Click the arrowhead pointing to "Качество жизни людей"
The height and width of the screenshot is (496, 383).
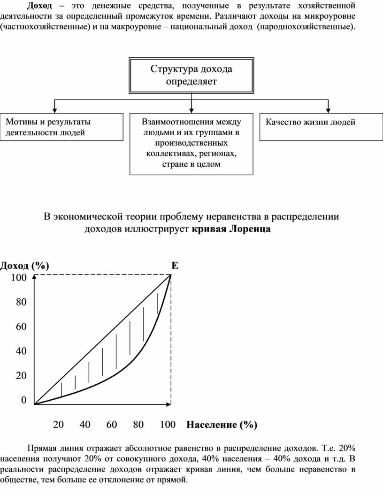click(x=328, y=110)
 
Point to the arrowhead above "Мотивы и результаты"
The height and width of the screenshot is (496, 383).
click(x=54, y=110)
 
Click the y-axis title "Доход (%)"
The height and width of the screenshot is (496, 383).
click(x=25, y=265)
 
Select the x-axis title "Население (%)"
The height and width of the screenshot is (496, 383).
click(x=222, y=425)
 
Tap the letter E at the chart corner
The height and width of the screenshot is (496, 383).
click(x=175, y=265)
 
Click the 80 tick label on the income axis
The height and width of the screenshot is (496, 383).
click(x=21, y=302)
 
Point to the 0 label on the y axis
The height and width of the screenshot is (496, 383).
click(x=23, y=400)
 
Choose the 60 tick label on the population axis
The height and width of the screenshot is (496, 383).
click(x=112, y=425)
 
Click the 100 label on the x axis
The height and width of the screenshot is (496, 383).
click(x=168, y=425)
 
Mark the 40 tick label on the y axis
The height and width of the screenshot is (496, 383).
click(x=21, y=351)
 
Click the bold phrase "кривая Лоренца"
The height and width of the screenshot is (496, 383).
click(x=231, y=229)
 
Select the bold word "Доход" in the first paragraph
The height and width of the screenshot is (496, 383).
click(x=39, y=6)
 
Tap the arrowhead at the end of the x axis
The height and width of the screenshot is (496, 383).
click(x=169, y=404)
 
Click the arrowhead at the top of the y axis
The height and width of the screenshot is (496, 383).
click(x=34, y=277)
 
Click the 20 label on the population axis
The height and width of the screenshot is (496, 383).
click(x=59, y=425)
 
